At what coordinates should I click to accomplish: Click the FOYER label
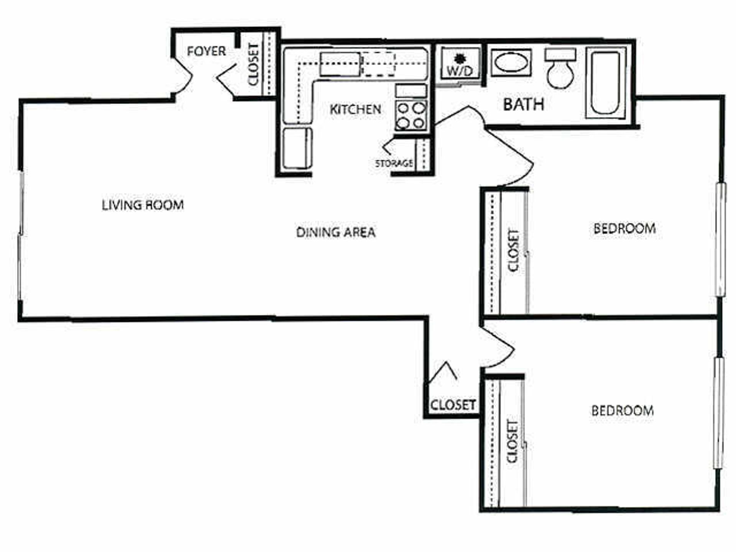pyautogui.click(x=206, y=51)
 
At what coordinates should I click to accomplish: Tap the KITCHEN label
pyautogui.click(x=355, y=109)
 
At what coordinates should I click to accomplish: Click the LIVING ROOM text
pyautogui.click(x=143, y=205)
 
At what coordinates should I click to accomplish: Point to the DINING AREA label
pyautogui.click(x=336, y=232)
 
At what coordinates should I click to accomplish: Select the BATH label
pyautogui.click(x=523, y=104)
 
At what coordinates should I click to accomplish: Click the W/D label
pyautogui.click(x=460, y=71)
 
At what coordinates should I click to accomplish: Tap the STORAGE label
pyautogui.click(x=394, y=163)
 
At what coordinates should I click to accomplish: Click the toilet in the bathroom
pyautogui.click(x=560, y=68)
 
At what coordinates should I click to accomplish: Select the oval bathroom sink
pyautogui.click(x=511, y=62)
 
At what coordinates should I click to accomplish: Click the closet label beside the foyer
pyautogui.click(x=254, y=64)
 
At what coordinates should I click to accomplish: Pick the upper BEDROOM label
pyautogui.click(x=624, y=228)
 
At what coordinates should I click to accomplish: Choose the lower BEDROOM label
pyautogui.click(x=623, y=411)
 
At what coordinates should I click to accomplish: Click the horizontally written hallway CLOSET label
pyautogui.click(x=453, y=405)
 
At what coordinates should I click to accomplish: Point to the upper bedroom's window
pyautogui.click(x=721, y=239)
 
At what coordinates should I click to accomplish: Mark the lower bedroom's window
pyautogui.click(x=719, y=412)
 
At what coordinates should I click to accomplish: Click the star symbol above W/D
pyautogui.click(x=459, y=58)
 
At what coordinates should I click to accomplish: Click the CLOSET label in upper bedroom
pyautogui.click(x=513, y=250)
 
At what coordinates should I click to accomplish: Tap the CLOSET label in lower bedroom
pyautogui.click(x=512, y=441)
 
